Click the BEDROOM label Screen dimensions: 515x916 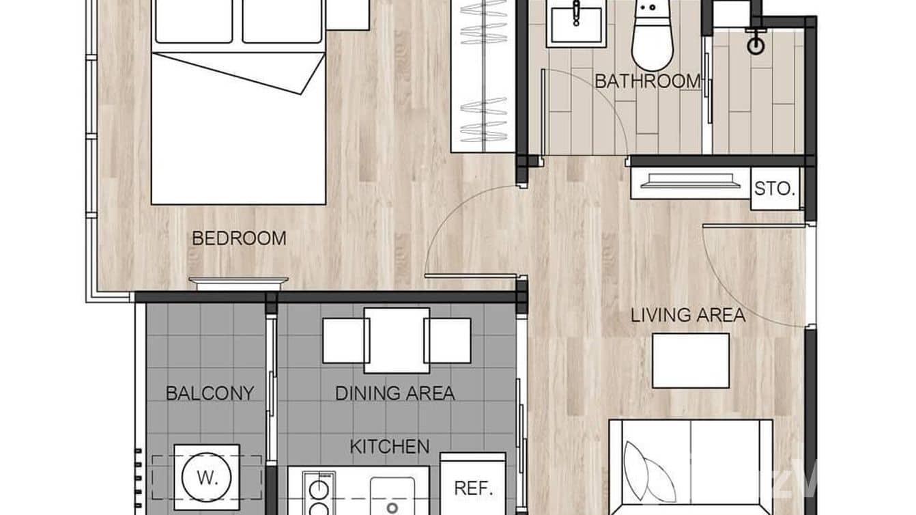pyautogui.click(x=239, y=238)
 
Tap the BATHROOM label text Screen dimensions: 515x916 pyautogui.click(x=648, y=81)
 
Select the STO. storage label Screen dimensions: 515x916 pyautogui.click(x=775, y=188)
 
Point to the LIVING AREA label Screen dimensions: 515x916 pyautogui.click(x=687, y=316)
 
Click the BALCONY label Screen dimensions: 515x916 pyautogui.click(x=210, y=393)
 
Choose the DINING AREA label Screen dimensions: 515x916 pyautogui.click(x=395, y=393)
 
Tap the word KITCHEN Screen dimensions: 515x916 pyautogui.click(x=389, y=447)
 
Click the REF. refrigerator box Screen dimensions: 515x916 pyautogui.click(x=473, y=488)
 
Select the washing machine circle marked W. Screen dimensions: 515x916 pyautogui.click(x=206, y=477)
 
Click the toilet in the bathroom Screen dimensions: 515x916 pyautogui.click(x=652, y=38)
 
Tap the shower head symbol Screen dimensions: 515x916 pyautogui.click(x=756, y=45)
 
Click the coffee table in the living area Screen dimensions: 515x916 pyautogui.click(x=690, y=361)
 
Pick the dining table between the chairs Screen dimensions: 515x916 pyautogui.click(x=396, y=340)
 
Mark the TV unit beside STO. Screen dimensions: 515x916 pyautogui.click(x=689, y=182)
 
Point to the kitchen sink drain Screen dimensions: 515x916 pyautogui.click(x=392, y=507)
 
